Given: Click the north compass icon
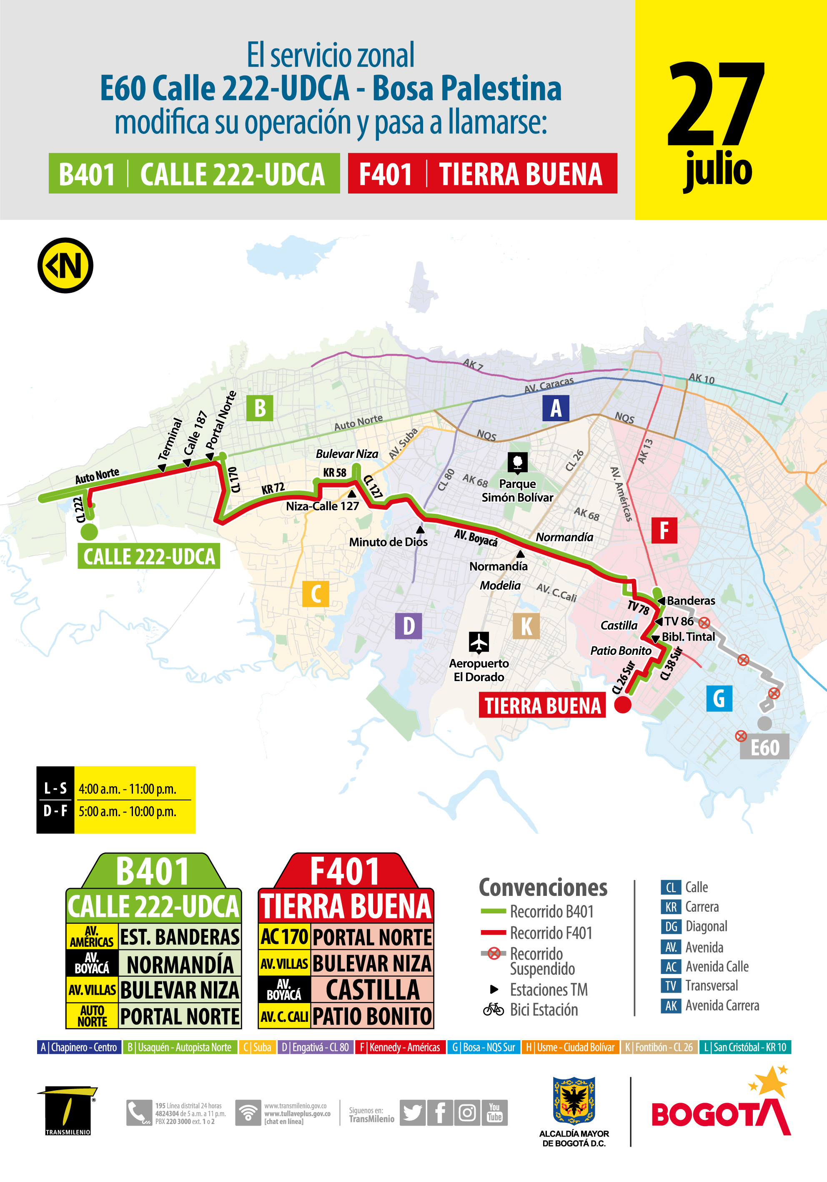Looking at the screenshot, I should click(x=65, y=266).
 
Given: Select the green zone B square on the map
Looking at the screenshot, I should click(x=260, y=408).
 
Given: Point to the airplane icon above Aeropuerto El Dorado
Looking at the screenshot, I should click(x=479, y=642).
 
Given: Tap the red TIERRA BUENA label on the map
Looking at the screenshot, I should click(x=542, y=705).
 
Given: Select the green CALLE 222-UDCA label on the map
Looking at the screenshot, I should click(x=149, y=556).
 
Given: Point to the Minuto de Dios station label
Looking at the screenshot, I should click(x=388, y=542).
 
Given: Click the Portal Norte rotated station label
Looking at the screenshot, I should click(x=221, y=420).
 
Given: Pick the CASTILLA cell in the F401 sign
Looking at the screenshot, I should click(x=372, y=989).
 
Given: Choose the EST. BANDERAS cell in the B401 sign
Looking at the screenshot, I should click(x=180, y=937).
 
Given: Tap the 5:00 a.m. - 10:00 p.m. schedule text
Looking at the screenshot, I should click(x=127, y=812).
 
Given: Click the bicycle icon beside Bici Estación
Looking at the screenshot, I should click(x=493, y=1010).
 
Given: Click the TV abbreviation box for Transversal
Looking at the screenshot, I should click(x=671, y=986).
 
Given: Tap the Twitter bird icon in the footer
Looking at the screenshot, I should click(x=412, y=1113).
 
